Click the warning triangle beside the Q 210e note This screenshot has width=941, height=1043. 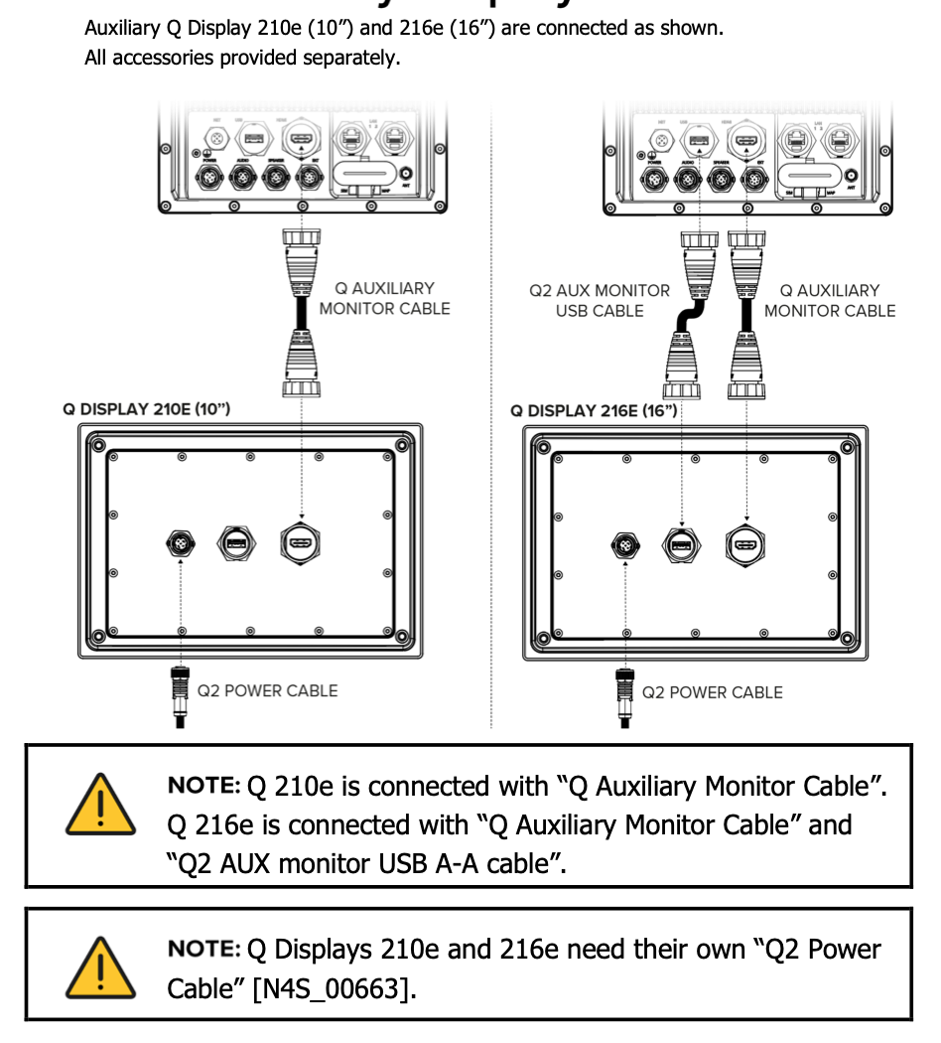(x=100, y=804)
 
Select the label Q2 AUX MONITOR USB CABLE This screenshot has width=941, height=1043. (x=600, y=301)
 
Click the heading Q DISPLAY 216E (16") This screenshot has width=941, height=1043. (x=594, y=410)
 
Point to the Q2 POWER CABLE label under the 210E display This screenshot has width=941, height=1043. (x=267, y=690)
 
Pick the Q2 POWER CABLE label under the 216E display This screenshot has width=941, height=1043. (x=712, y=692)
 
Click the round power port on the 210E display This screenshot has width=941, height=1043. (x=181, y=543)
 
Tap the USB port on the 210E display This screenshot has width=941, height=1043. (x=236, y=543)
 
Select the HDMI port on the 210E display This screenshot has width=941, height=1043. (x=300, y=543)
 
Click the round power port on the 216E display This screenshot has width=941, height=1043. (x=625, y=545)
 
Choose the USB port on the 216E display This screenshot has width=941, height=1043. (x=681, y=545)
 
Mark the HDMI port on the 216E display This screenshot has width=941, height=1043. (x=744, y=545)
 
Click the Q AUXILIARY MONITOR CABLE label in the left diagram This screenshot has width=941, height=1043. (x=384, y=298)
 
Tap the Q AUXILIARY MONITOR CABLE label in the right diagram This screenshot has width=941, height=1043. (x=829, y=300)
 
